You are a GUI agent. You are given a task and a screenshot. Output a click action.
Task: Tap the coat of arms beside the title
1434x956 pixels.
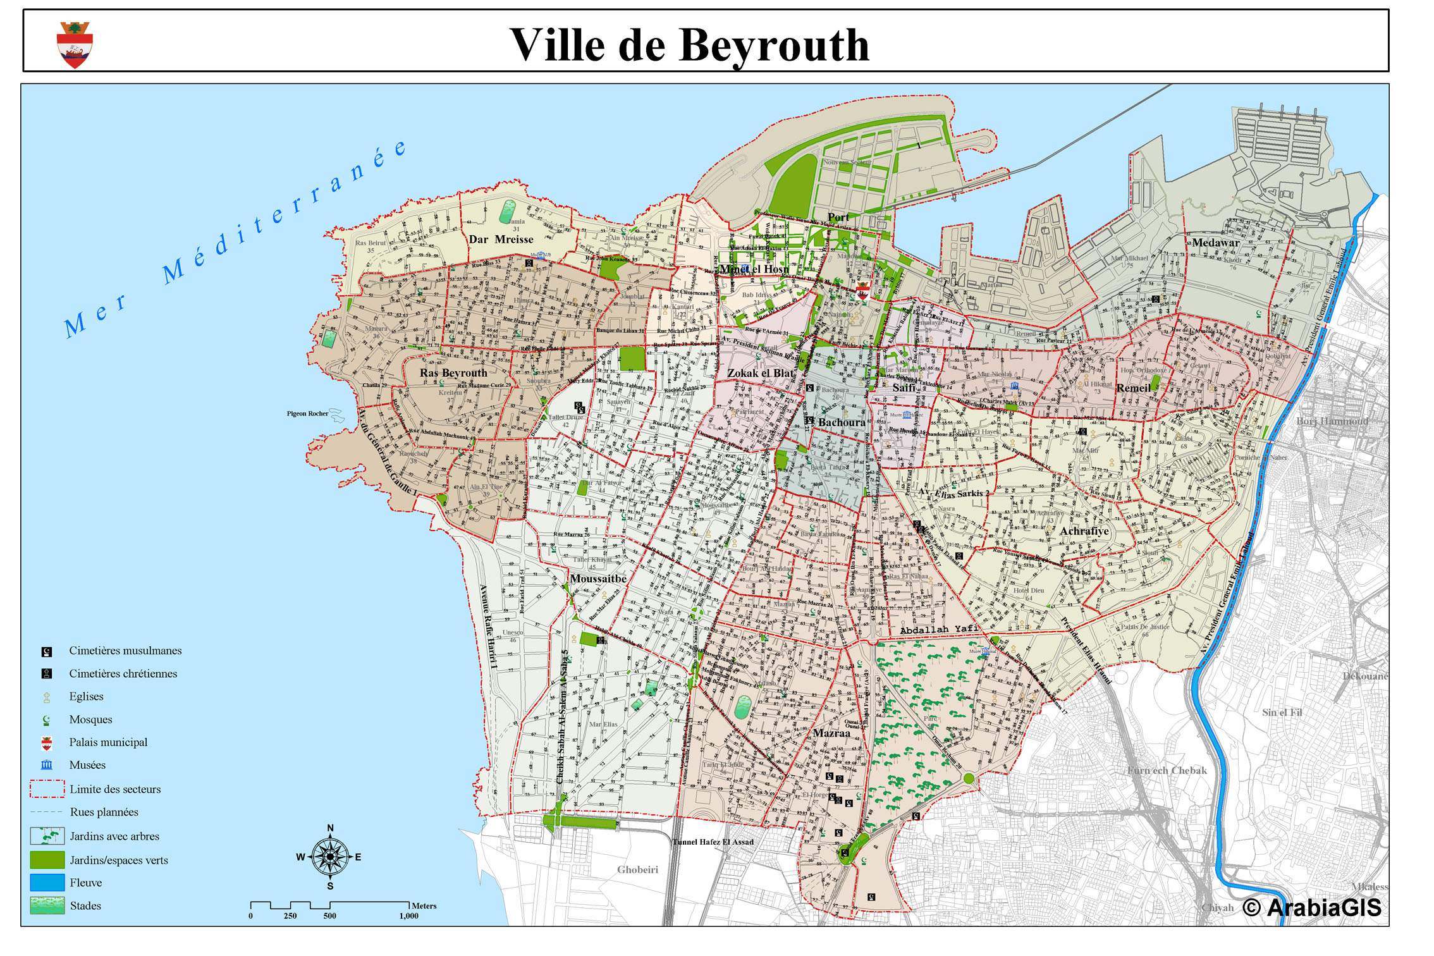(75, 45)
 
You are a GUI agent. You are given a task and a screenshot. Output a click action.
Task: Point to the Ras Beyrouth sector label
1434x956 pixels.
(453, 373)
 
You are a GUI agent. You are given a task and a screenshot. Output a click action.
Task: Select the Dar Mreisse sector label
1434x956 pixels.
(501, 240)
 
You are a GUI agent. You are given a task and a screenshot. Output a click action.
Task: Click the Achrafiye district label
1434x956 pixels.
(1084, 531)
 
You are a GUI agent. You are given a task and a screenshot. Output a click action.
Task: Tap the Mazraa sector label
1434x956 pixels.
(831, 733)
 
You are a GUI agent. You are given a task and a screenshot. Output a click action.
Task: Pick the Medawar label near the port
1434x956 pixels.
(1215, 243)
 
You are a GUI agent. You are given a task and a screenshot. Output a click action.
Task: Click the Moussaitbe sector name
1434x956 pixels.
(598, 579)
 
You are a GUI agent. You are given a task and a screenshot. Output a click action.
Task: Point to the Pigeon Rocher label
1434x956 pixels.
(307, 414)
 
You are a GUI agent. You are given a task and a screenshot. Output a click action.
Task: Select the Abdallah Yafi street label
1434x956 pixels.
(939, 629)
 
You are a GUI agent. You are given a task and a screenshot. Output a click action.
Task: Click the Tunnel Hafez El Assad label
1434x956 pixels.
(713, 842)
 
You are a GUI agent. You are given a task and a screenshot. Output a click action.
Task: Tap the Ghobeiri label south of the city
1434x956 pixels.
(637, 869)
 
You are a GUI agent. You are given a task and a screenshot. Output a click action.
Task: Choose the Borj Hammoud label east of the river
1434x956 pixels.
(1332, 421)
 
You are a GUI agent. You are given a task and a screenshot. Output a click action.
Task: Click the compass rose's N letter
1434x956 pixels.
(330, 828)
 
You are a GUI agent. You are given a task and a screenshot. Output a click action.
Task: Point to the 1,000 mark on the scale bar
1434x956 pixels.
(408, 916)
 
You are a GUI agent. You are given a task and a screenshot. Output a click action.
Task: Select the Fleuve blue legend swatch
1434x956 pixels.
(47, 883)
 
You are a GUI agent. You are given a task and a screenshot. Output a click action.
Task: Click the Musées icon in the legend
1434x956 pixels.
(47, 765)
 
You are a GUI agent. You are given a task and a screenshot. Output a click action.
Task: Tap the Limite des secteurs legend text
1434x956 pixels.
(115, 789)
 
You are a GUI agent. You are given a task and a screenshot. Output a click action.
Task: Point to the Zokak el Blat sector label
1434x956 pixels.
(760, 373)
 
